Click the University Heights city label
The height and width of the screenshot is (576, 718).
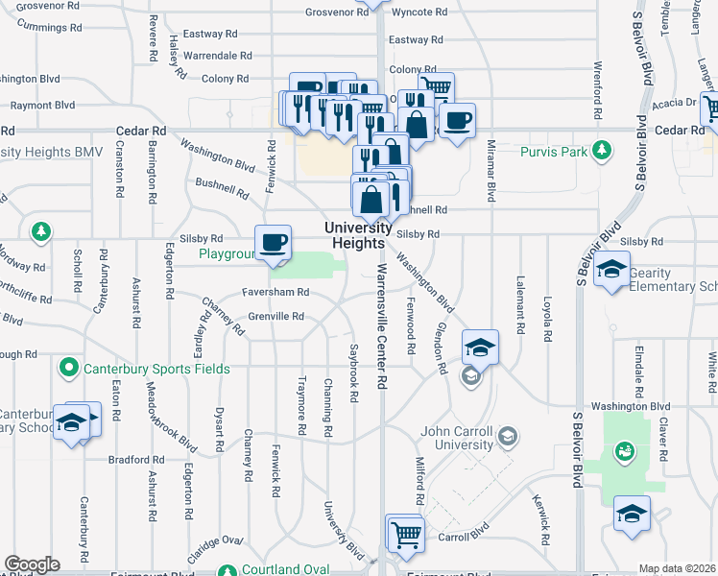tap(358, 235)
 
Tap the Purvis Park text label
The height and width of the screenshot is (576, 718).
tap(553, 152)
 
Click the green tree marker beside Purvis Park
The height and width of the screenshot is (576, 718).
tap(602, 150)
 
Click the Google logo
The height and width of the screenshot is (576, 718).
tap(32, 564)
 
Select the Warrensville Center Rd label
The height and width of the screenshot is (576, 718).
tap(381, 326)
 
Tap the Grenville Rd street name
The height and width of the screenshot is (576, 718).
tap(276, 316)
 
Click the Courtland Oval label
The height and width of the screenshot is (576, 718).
tap(285, 569)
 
